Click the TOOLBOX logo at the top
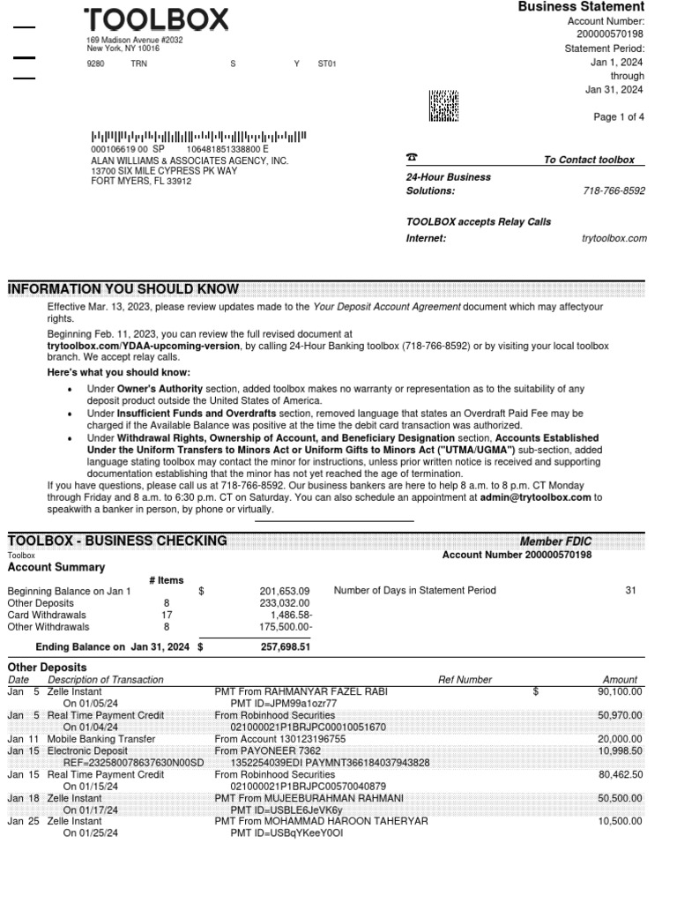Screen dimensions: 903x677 [x=156, y=19]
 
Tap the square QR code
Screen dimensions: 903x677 [x=443, y=105]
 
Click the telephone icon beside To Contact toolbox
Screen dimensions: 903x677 [x=412, y=158]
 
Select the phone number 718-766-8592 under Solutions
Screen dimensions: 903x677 [x=614, y=190]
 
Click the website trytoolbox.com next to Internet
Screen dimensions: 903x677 [x=614, y=238]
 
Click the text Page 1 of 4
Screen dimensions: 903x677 [x=619, y=117]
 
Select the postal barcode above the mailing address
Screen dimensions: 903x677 [x=198, y=137]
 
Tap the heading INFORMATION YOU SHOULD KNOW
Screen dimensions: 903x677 [x=123, y=288]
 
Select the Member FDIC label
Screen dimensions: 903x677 [x=555, y=541]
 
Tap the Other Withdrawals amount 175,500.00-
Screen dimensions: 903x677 [x=282, y=627]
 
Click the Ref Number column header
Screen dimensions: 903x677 [x=465, y=680]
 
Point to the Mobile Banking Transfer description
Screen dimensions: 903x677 [x=101, y=739]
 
